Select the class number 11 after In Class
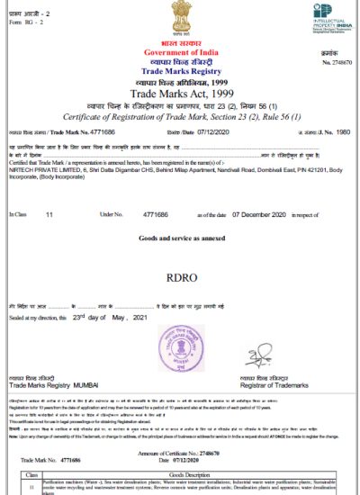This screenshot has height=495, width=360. tap(49, 214)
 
